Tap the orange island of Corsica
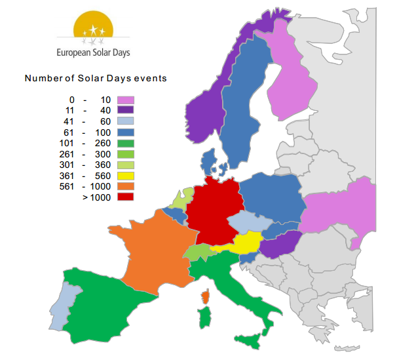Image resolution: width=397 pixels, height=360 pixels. tap(206, 298)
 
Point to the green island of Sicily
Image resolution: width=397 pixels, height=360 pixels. tap(250, 341)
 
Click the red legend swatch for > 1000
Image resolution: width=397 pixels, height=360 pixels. tap(125, 197)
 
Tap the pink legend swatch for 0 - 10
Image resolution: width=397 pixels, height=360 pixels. tap(125, 100)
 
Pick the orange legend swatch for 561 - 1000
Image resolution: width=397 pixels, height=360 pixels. tap(125, 186)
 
